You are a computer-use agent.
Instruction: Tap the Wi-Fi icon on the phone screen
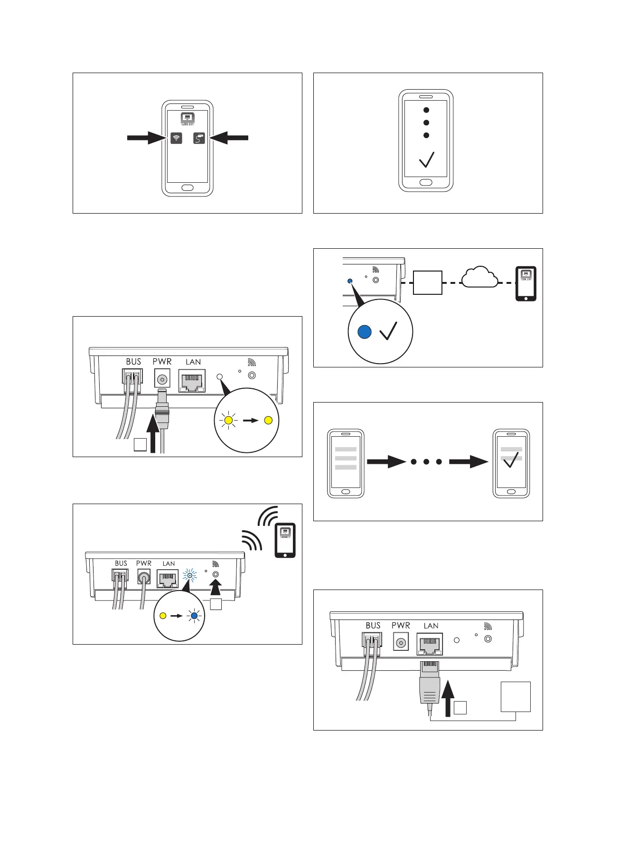(176, 138)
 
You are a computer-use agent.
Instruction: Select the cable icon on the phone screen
(199, 138)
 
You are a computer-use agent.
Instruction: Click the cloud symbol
(479, 278)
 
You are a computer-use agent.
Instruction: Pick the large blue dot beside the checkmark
(364, 332)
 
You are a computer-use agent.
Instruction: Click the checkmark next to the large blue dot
(388, 330)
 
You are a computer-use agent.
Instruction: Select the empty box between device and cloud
(428, 282)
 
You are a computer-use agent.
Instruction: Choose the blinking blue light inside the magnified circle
(194, 616)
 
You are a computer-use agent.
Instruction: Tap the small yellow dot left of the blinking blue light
(163, 616)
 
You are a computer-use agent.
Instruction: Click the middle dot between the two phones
(426, 461)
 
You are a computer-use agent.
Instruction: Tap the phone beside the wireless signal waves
(285, 540)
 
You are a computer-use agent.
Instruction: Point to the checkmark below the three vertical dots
(426, 159)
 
